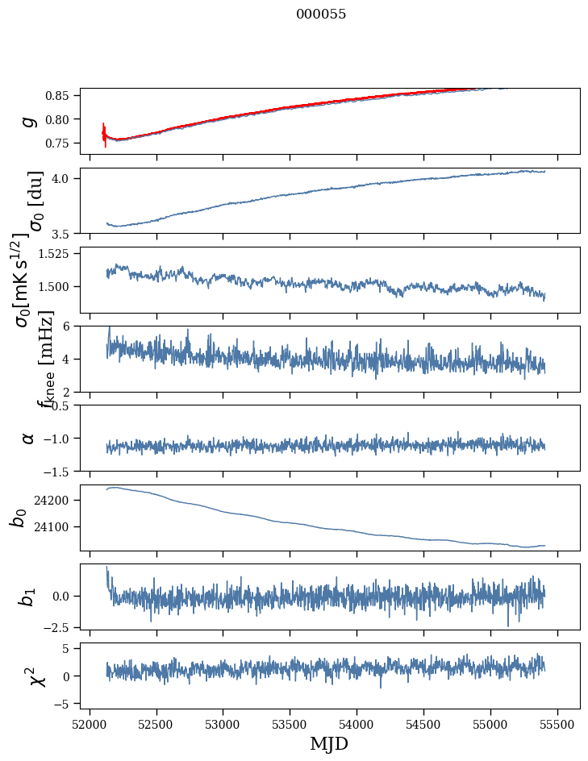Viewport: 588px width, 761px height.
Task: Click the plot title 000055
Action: (x=321, y=15)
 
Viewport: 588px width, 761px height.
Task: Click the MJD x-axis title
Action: (x=329, y=744)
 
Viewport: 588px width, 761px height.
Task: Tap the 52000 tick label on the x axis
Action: (x=90, y=723)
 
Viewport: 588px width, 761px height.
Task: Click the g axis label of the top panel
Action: (x=29, y=121)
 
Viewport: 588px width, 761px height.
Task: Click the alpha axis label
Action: (x=29, y=438)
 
